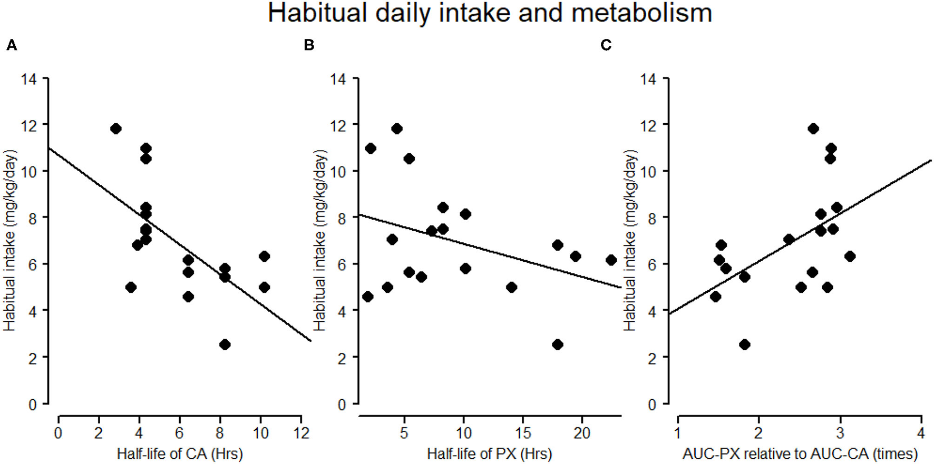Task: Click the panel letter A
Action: pos(12,46)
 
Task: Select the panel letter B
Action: pos(309,46)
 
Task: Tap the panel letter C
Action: pos(606,46)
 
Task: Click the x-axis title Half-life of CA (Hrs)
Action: pos(180,453)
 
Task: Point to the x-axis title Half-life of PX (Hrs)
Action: pos(490,453)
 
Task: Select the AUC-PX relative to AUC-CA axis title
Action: pos(800,453)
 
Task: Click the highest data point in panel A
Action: pos(116,129)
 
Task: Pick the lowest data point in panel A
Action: pos(225,344)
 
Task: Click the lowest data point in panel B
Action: pos(558,344)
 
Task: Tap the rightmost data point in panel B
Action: pos(611,260)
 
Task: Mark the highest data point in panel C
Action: pos(813,129)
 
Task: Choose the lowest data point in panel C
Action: pos(745,344)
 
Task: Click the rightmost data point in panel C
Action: pos(850,256)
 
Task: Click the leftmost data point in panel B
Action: pos(368,297)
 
